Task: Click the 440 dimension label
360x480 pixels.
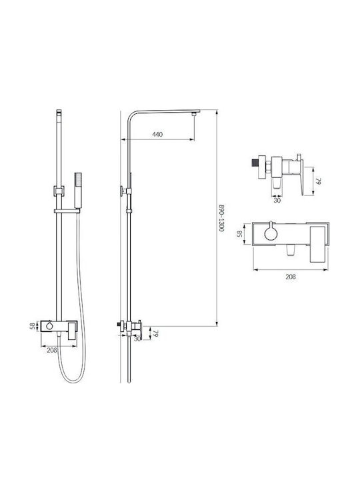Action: coord(157,135)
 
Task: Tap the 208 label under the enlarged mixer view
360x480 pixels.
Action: coord(291,277)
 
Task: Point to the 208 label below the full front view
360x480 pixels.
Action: coord(52,350)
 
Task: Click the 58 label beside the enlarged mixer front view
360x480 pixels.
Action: coord(240,233)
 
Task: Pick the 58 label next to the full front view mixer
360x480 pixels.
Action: coord(33,326)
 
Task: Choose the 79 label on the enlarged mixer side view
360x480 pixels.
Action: coord(319,181)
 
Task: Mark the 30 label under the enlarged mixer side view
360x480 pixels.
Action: coord(277,201)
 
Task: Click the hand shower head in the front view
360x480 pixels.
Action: coord(78,190)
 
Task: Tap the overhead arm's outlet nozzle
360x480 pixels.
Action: coord(193,114)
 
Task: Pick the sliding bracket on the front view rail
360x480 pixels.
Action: coord(59,191)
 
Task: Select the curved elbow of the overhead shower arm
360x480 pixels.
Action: coord(131,115)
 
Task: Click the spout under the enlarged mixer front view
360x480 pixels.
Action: coord(290,251)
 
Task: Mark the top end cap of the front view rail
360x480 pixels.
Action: coord(59,112)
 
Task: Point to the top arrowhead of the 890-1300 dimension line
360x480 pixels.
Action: coord(217,112)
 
